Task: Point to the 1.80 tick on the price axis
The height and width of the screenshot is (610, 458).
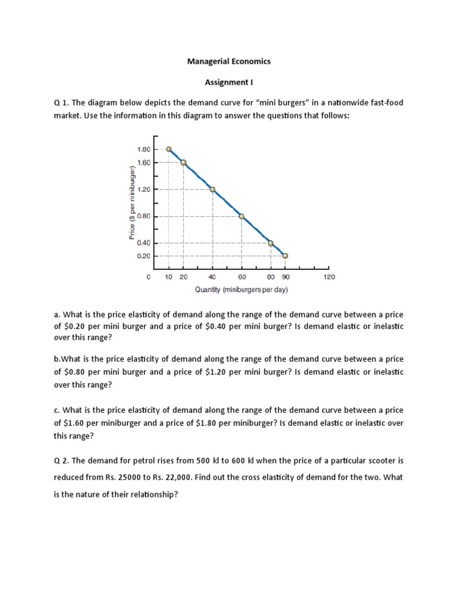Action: tap(144, 150)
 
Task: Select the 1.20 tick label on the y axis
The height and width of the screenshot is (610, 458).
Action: tap(144, 189)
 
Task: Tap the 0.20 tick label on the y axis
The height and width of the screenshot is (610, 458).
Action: tap(144, 256)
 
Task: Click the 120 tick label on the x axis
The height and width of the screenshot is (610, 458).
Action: tap(329, 277)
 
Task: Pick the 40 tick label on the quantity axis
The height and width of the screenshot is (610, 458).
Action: tap(212, 277)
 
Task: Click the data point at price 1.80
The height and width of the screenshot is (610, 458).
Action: tap(169, 150)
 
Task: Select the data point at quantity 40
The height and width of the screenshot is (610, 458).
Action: tap(212, 189)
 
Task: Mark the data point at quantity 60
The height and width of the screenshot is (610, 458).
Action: tap(242, 216)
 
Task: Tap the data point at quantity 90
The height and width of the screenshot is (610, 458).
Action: tap(285, 256)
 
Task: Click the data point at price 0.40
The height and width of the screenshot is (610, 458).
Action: tap(271, 243)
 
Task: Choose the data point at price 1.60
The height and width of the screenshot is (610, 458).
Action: tap(183, 163)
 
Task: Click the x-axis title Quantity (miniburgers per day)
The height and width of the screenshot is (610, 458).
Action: tap(242, 290)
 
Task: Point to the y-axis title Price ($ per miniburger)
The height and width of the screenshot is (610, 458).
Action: tap(131, 203)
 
